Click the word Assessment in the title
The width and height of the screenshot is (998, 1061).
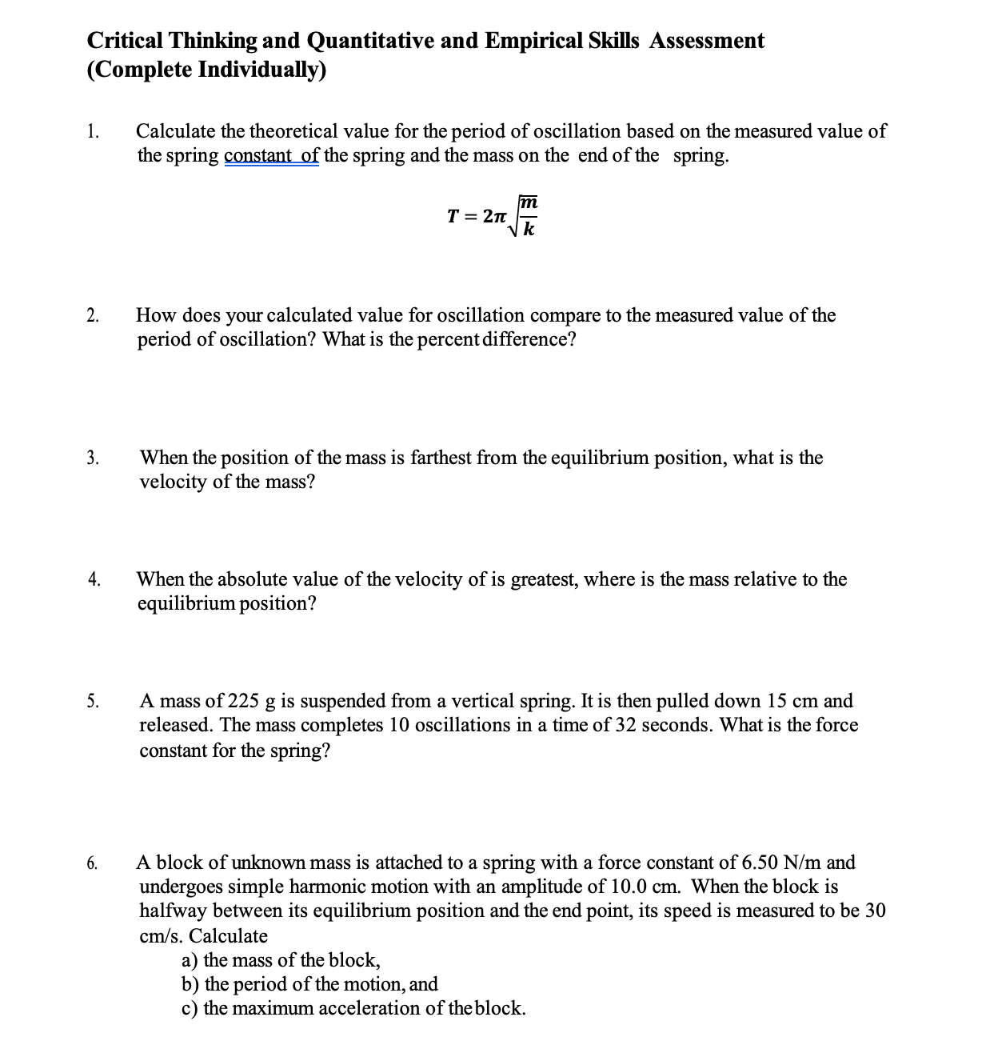click(706, 41)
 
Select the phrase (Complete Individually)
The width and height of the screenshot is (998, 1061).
click(206, 70)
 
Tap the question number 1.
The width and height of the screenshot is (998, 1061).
click(94, 131)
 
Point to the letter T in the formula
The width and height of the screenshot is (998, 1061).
click(453, 217)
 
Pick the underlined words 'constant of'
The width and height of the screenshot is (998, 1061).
click(272, 155)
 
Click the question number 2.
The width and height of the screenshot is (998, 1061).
click(94, 315)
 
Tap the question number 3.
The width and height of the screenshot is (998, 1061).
click(94, 458)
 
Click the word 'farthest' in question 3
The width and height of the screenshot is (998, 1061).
click(441, 458)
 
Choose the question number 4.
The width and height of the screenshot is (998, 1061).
click(94, 579)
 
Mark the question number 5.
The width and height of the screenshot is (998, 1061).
click(94, 702)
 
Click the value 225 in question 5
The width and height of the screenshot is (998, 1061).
click(243, 702)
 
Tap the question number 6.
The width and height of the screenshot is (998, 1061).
click(94, 863)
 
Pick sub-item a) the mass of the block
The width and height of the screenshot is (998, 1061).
click(281, 960)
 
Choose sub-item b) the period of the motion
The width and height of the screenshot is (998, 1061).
click(310, 984)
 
